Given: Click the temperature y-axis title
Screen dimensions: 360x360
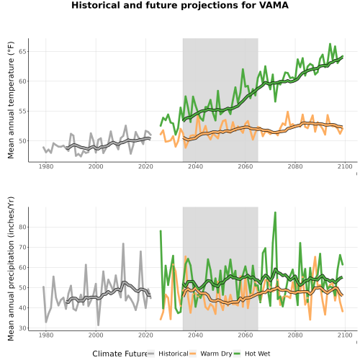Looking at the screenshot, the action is click(11, 100).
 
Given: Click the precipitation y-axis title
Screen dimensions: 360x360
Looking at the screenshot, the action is click(11, 269).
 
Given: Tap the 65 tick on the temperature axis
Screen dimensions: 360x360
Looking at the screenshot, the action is click(22, 52).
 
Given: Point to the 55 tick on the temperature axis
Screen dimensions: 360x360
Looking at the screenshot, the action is click(22, 111).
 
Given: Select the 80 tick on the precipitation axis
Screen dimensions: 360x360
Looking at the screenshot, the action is click(22, 227).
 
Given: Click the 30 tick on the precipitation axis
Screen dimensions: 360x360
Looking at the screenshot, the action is click(22, 328).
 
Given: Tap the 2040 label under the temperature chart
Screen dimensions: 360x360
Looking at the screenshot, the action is click(195, 166).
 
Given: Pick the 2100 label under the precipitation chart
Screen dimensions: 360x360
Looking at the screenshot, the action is click(345, 335).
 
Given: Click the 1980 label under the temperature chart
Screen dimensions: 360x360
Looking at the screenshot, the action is click(46, 166).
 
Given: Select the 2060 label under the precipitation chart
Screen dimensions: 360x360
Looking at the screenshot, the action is click(246, 335).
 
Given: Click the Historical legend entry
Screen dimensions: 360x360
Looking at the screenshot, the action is click(168, 354).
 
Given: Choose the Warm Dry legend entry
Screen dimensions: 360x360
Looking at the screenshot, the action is click(211, 354).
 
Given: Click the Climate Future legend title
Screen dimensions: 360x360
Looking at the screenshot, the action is click(120, 354).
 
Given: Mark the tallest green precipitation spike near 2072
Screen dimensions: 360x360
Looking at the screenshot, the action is click(275, 212).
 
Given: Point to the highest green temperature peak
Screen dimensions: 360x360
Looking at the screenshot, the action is click(330, 44).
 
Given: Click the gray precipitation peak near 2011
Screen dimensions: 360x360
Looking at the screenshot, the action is click(123, 243).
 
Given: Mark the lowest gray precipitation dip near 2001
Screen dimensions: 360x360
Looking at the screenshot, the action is click(99, 325).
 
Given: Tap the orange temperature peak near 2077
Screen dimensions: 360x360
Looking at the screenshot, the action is click(288, 112).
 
